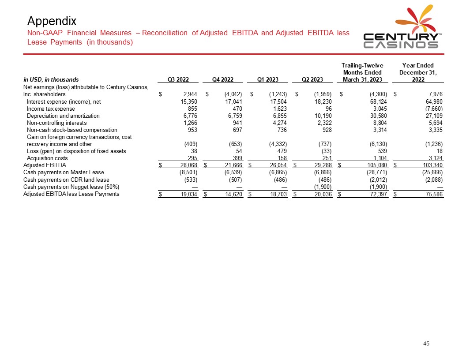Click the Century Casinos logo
[x=400, y=28]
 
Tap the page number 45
[x=426, y=344]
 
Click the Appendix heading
[x=52, y=21]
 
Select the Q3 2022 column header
[x=179, y=79]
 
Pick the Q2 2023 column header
[x=312, y=79]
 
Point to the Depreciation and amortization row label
[x=63, y=116]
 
